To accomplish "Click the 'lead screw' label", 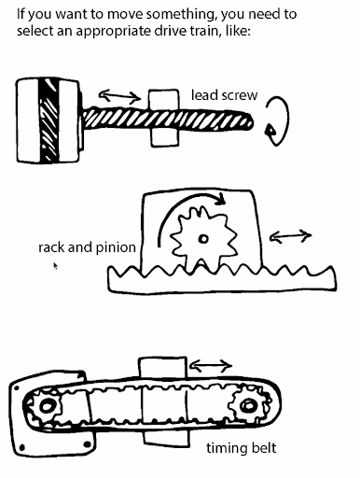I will click(x=224, y=95).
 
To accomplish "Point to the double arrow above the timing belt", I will click(x=211, y=363).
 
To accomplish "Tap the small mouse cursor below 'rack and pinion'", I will click(x=56, y=266).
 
